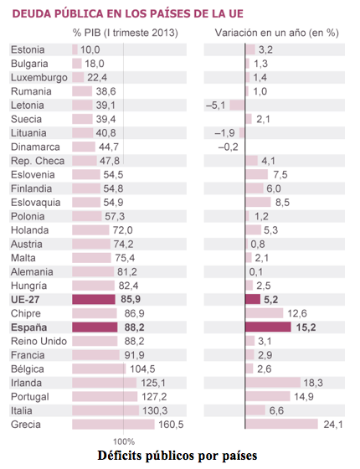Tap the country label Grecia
pos(29,424)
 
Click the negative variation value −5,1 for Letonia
pos(216,106)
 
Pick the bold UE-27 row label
pos(29,298)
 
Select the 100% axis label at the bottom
pos(123,441)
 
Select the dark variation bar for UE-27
pos(253,298)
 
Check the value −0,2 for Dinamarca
pos(229,147)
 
